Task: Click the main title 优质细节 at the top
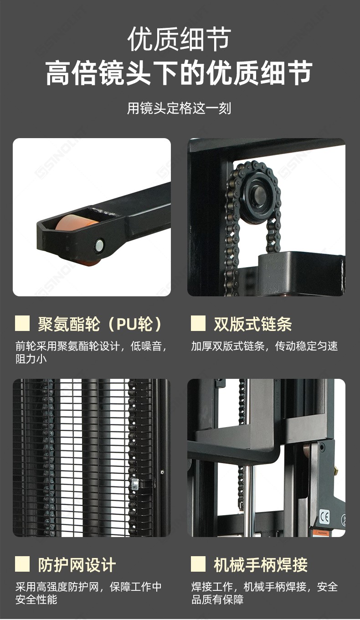tap(179, 39)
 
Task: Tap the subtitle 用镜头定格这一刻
tap(179, 108)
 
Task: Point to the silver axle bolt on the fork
tap(99, 244)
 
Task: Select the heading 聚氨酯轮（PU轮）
tap(100, 324)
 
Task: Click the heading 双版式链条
tap(252, 324)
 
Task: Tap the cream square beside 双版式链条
tap(198, 323)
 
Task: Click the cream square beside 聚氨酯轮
tap(22, 323)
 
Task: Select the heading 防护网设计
tap(77, 565)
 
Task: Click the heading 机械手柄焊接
tap(260, 565)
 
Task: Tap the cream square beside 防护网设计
tap(22, 564)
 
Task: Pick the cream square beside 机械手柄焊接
tap(198, 564)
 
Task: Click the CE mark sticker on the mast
tap(324, 517)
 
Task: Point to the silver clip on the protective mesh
tap(135, 484)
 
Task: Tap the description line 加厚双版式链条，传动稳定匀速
tap(264, 346)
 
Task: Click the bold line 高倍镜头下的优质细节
tap(179, 73)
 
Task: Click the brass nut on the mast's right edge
tap(336, 470)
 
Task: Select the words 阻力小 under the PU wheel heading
tap(31, 359)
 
